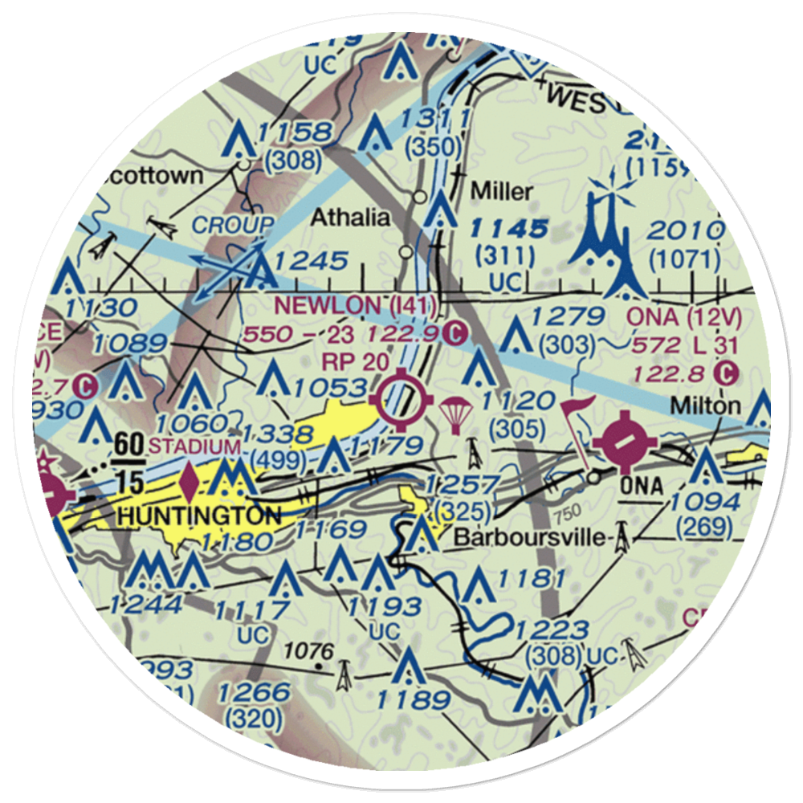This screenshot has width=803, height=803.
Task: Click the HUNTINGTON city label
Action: (199, 514)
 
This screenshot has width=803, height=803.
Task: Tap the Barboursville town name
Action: (528, 537)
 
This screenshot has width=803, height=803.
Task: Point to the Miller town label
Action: (501, 191)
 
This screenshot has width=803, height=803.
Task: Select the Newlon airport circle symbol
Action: (404, 397)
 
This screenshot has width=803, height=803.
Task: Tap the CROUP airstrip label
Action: (234, 224)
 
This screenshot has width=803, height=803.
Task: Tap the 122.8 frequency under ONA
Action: (671, 372)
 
